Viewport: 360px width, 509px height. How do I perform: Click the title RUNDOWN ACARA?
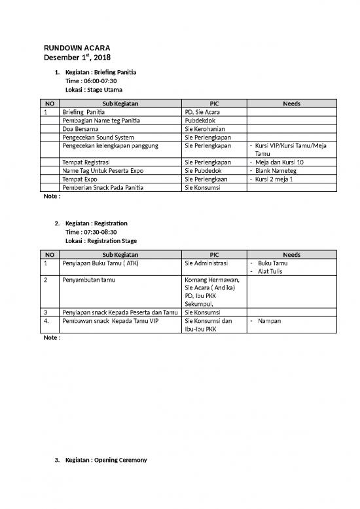(77, 48)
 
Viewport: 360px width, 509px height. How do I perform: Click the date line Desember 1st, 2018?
(77, 59)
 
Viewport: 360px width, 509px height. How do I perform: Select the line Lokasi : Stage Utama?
(94, 89)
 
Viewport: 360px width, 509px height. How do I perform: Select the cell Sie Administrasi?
(206, 263)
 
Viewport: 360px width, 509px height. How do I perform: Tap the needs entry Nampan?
(270, 322)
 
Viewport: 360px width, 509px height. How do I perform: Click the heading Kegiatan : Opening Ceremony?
(106, 461)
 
